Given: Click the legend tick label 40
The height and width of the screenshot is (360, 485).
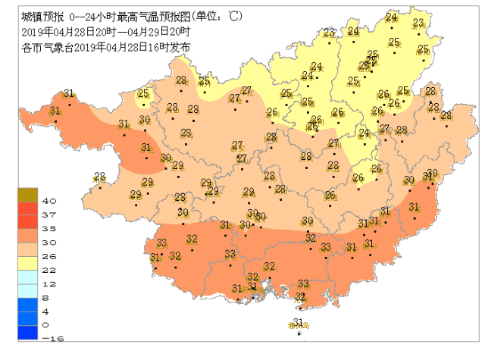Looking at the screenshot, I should click(x=46, y=202).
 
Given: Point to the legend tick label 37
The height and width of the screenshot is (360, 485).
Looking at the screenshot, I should click(x=46, y=215).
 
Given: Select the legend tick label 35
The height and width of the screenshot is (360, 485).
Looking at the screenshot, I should click(x=46, y=228).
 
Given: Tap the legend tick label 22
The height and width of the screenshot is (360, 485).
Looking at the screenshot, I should click(x=46, y=270).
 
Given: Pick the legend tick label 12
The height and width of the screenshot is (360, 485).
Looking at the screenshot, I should click(x=46, y=283).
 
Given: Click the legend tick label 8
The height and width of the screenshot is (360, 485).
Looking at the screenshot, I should click(x=46, y=298).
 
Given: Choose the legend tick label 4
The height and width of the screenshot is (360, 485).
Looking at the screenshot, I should click(x=46, y=311).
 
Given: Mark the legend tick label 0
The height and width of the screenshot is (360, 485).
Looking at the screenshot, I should click(x=46, y=324).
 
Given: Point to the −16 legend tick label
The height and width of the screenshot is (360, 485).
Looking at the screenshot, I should click(x=48, y=338).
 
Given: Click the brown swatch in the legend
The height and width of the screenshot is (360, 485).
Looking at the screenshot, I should click(x=27, y=195).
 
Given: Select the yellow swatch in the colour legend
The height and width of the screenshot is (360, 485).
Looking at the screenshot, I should click(x=27, y=262).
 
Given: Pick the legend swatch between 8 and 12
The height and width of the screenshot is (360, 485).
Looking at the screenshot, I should click(x=27, y=290).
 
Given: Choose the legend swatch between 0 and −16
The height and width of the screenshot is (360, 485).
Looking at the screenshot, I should click(x=27, y=332).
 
